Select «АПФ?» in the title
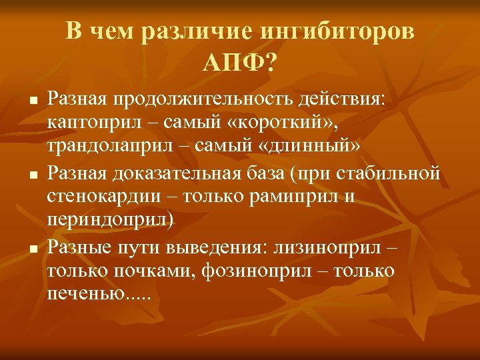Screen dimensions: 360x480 pos(240,64)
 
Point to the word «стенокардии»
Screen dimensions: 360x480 pos(97,198)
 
